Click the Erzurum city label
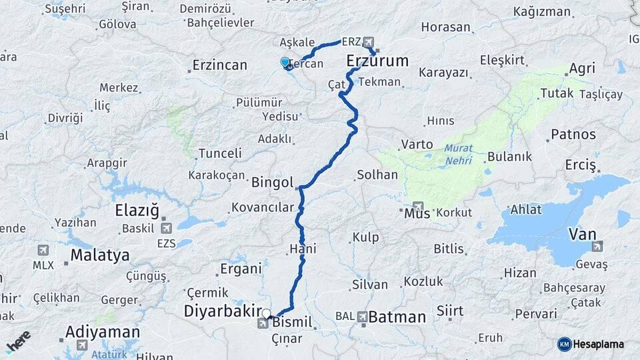click(377, 62)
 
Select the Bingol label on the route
click(273, 182)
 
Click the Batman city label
click(397, 317)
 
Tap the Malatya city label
click(99, 255)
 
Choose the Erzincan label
click(219, 65)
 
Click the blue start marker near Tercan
click(285, 63)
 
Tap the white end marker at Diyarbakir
click(267, 313)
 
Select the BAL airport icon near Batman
click(362, 316)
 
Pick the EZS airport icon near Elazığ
click(166, 228)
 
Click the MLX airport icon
click(43, 250)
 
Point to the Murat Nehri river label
click(459, 155)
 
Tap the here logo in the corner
click(19, 341)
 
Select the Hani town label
click(303, 249)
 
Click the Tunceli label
click(220, 153)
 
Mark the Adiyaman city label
click(103, 331)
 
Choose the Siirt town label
click(450, 310)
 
